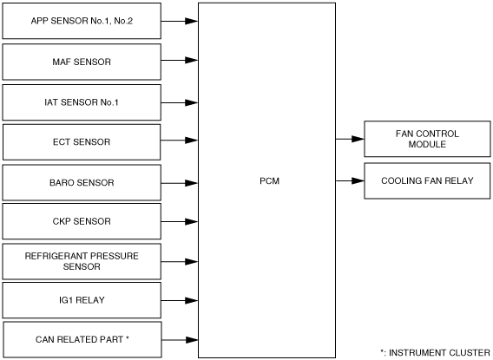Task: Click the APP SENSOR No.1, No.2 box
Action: (x=82, y=21)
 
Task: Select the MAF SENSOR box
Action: (x=82, y=62)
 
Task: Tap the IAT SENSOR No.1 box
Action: (x=82, y=102)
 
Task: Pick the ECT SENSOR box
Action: (x=82, y=142)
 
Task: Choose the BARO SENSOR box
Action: (x=82, y=182)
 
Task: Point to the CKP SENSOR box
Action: (x=82, y=221)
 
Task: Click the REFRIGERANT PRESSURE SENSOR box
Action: (x=82, y=261)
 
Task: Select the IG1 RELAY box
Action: (x=82, y=300)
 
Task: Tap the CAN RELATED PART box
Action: (x=82, y=339)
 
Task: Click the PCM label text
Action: (x=269, y=181)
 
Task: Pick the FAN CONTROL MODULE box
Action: (x=427, y=139)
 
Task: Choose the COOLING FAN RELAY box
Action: (x=427, y=180)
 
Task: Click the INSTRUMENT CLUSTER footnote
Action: (x=435, y=353)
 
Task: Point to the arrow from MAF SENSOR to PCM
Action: (x=180, y=60)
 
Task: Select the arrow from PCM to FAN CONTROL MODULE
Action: (x=350, y=139)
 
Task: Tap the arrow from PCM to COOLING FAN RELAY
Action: (x=350, y=180)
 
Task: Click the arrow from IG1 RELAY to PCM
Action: (x=180, y=301)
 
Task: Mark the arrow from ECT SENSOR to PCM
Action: (x=179, y=141)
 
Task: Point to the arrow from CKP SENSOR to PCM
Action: (x=180, y=222)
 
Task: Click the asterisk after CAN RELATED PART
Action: (x=128, y=338)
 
